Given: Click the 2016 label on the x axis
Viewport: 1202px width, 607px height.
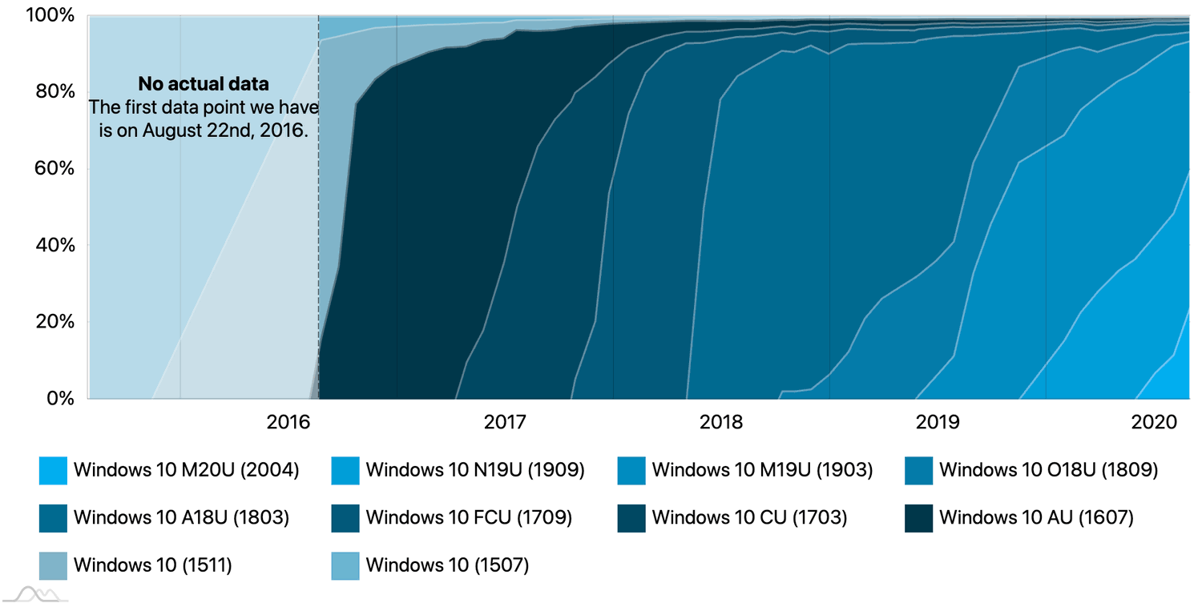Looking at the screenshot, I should [288, 421].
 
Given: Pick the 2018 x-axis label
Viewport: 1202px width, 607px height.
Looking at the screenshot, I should [721, 421].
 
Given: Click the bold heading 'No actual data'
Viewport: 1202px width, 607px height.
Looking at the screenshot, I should [204, 84].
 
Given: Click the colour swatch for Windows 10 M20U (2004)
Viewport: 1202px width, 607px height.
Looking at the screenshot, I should [53, 471].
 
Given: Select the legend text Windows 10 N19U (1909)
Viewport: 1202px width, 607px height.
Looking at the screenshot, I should [474, 470].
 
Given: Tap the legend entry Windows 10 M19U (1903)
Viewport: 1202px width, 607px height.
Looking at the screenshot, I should [761, 470].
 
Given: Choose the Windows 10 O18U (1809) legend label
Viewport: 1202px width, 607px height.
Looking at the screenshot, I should [1048, 470].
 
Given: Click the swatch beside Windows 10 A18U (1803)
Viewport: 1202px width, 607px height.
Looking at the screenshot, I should [53, 518].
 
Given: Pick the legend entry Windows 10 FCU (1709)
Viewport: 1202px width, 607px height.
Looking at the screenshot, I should [468, 518].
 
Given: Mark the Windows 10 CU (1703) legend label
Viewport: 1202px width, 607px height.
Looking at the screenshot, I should [748, 518].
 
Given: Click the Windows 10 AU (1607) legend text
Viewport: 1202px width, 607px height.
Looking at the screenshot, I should [1035, 518].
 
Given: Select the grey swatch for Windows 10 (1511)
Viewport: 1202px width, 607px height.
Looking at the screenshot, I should [53, 566].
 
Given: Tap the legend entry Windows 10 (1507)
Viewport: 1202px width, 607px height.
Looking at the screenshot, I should [447, 565].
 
